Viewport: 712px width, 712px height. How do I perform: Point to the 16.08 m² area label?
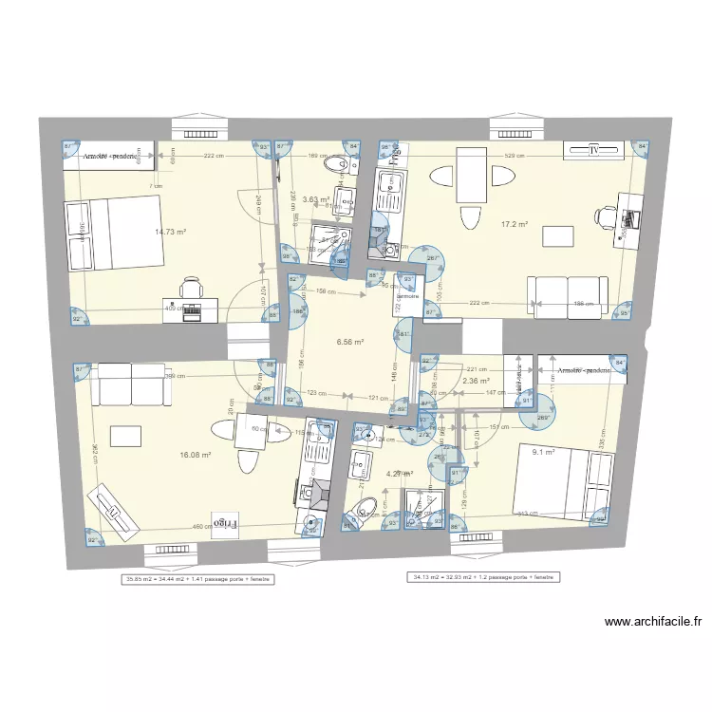tap(194, 455)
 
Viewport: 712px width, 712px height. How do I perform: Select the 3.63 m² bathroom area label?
tap(315, 199)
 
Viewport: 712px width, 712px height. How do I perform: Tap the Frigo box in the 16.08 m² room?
tap(224, 522)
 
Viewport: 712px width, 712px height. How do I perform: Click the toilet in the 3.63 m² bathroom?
tap(334, 167)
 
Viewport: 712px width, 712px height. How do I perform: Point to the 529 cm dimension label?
tap(515, 155)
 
